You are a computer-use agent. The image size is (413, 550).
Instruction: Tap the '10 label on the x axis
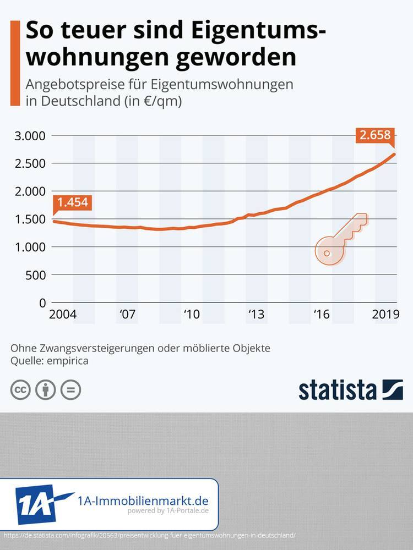click(x=191, y=315)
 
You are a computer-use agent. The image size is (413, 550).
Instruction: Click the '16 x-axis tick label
click(x=321, y=315)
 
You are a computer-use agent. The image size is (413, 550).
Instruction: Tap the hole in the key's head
click(x=327, y=253)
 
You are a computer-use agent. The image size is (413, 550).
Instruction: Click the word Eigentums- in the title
click(x=254, y=30)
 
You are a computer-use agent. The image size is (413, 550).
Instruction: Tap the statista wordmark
click(x=338, y=389)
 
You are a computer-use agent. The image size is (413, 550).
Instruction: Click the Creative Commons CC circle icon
click(x=21, y=390)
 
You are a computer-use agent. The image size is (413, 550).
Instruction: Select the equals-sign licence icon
click(x=70, y=390)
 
